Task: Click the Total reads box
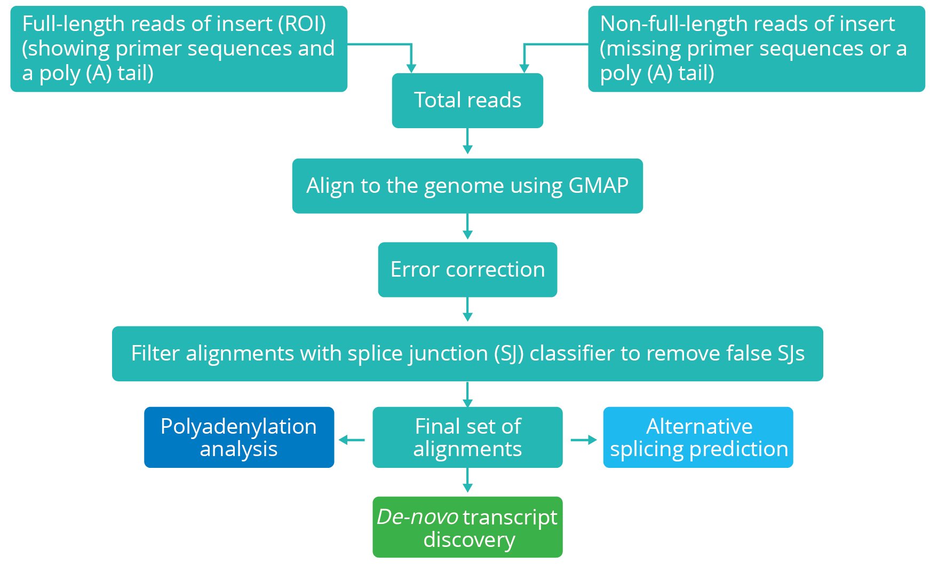point(467,100)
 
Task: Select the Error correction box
point(467,269)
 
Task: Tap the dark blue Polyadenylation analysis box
point(239,437)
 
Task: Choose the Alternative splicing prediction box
point(698,437)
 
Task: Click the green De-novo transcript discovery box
point(467,528)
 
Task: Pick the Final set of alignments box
point(467,437)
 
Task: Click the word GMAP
point(598,185)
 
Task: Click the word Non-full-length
point(673,24)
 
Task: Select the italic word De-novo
point(417,517)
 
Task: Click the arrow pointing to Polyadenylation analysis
point(351,440)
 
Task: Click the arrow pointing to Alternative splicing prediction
point(584,440)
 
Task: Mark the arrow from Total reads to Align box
point(467,143)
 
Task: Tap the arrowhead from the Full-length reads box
point(411,67)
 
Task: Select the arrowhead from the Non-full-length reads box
point(524,67)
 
